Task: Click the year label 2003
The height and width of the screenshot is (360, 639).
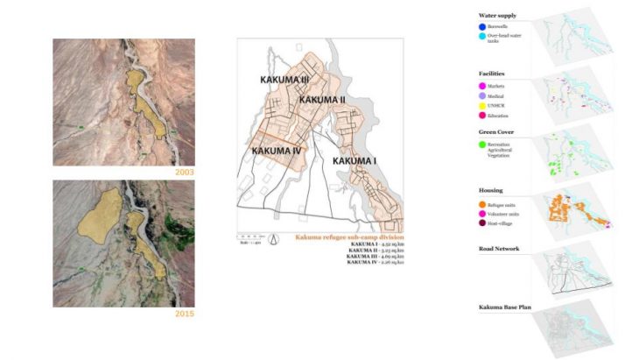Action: tap(184, 173)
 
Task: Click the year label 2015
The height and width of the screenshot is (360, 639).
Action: tap(184, 313)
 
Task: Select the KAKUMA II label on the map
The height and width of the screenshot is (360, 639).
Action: tap(322, 101)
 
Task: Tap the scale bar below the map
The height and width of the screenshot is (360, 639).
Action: tap(250, 236)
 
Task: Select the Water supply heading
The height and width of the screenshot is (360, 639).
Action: tap(498, 16)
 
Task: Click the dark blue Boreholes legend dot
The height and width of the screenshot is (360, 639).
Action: tap(483, 27)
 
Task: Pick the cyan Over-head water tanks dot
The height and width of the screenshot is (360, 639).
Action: tap(483, 37)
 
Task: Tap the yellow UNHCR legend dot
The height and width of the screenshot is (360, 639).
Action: tap(483, 105)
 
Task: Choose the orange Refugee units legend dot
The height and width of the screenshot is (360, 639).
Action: tap(483, 203)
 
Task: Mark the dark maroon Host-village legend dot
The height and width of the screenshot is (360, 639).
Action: tap(483, 222)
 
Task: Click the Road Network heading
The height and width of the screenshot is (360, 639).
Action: tap(500, 249)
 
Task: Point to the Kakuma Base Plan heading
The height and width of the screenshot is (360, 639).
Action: tap(504, 307)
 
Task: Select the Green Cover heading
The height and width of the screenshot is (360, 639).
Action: tap(496, 132)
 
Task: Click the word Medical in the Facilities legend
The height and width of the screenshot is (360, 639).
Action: tap(502, 95)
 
